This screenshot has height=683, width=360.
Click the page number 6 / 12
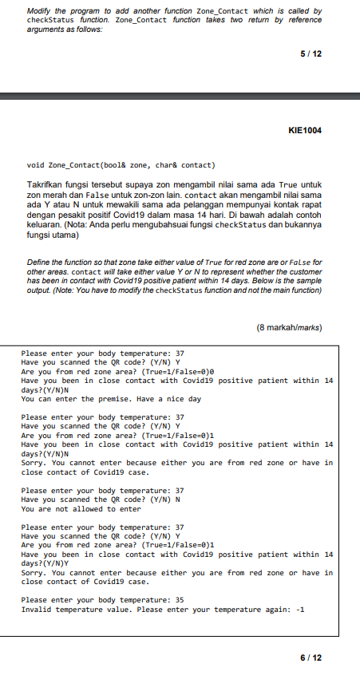pyautogui.click(x=309, y=657)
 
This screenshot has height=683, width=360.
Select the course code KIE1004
pyautogui.click(x=307, y=129)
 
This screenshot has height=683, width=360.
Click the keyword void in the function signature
pyautogui.click(x=36, y=165)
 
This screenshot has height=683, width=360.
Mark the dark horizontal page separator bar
pyautogui.click(x=180, y=97)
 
